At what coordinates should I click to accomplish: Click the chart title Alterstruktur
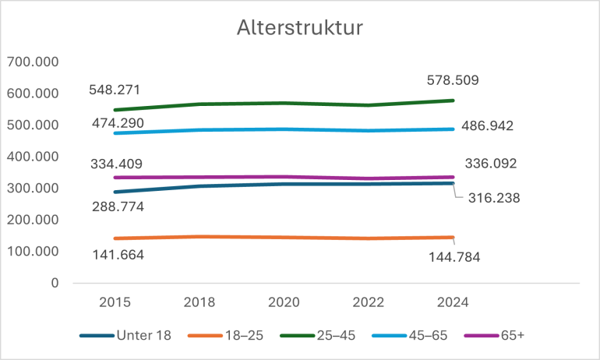(300, 29)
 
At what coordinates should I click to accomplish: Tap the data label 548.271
(115, 90)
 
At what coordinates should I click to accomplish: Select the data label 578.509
(453, 79)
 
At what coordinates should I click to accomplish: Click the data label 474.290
(115, 122)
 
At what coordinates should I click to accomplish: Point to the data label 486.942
(487, 125)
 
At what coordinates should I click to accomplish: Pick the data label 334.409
(115, 164)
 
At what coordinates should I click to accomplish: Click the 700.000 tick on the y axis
(33, 62)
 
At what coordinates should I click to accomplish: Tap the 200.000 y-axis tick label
(33, 220)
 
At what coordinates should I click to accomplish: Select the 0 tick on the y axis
(55, 283)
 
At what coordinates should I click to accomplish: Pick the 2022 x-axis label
(368, 302)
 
